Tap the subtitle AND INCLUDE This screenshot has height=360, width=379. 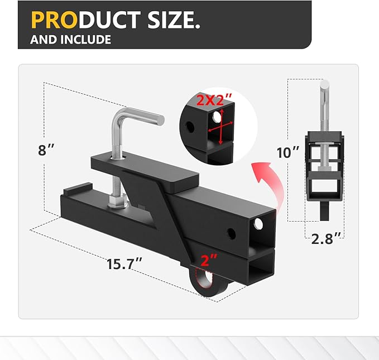71,40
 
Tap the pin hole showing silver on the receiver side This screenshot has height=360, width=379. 258,225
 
